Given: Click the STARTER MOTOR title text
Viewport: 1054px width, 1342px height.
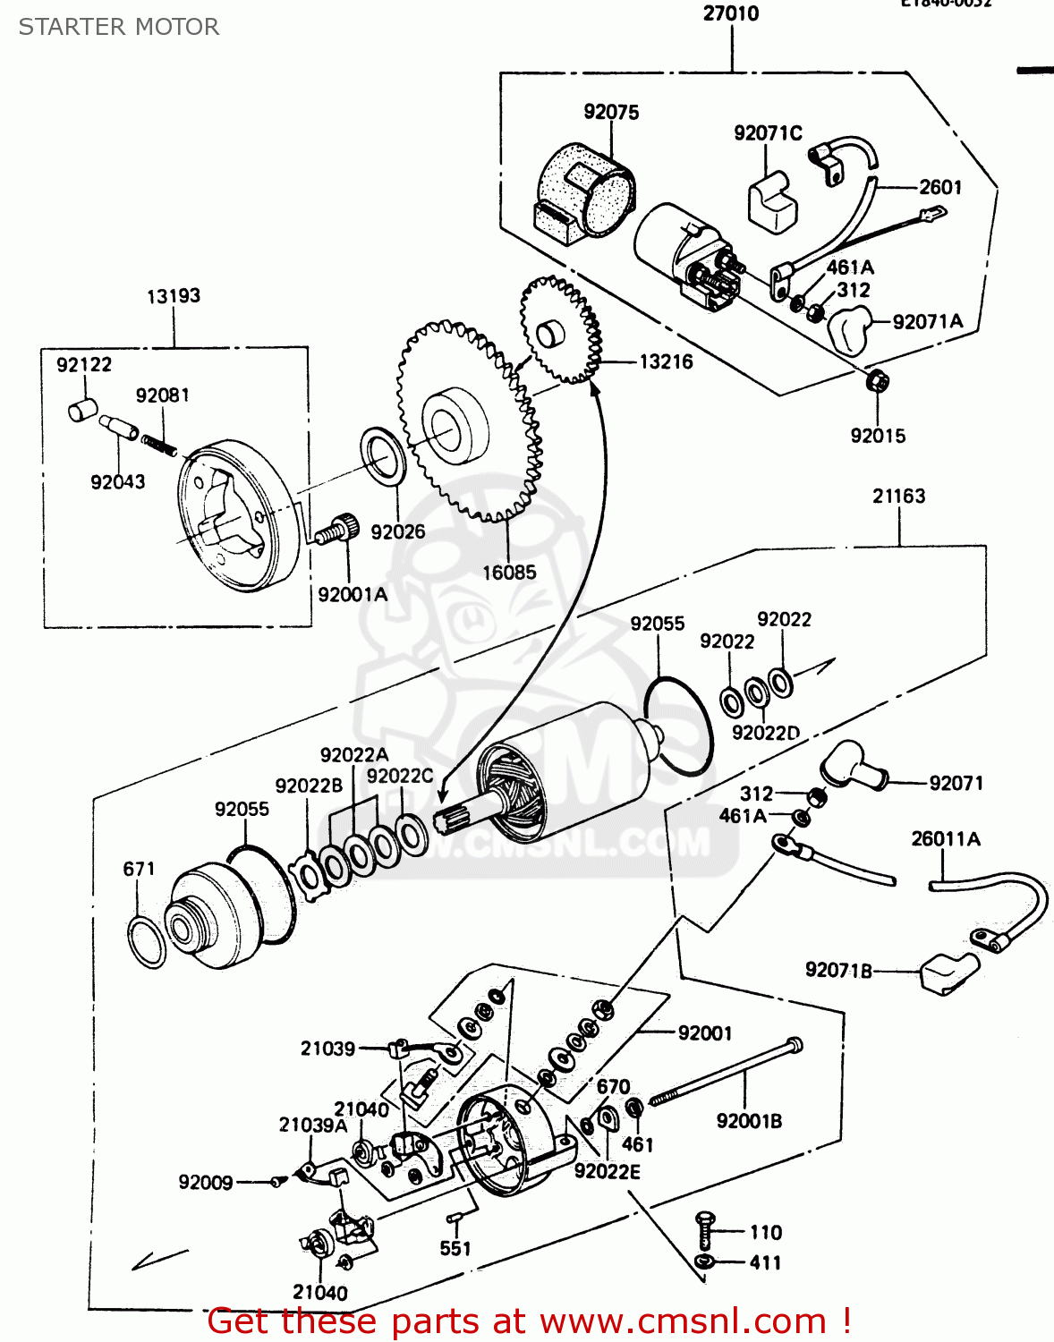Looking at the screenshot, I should [119, 27].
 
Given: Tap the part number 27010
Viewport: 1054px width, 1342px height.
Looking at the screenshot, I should [731, 13].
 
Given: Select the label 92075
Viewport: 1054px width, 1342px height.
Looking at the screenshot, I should [611, 112].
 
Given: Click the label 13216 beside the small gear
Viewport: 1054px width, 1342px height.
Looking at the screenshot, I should [666, 361].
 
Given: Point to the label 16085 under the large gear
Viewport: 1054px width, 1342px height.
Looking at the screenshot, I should [509, 573].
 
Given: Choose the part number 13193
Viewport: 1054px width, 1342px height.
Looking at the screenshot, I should [174, 296].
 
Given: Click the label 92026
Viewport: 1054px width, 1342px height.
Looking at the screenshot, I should [397, 531].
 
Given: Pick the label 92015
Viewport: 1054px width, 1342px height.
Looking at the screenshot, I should [878, 436].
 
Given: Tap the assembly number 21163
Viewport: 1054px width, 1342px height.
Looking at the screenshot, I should [898, 496].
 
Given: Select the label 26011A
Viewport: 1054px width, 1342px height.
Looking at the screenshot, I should [945, 839].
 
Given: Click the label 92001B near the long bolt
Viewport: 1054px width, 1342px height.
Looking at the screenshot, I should [749, 1121].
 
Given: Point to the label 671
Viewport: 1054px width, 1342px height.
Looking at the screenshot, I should [139, 869].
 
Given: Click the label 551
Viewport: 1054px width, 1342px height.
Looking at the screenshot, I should [455, 1248].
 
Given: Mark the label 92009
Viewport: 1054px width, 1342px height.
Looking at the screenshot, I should [206, 1182].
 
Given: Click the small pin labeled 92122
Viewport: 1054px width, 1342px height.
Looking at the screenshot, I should [81, 411].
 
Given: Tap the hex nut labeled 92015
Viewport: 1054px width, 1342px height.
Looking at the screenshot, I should [877, 382].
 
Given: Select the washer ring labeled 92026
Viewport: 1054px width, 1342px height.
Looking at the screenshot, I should [384, 457].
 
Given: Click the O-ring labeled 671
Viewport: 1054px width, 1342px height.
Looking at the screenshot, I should [147, 942].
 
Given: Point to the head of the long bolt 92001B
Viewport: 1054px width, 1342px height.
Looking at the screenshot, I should [794, 1044].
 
